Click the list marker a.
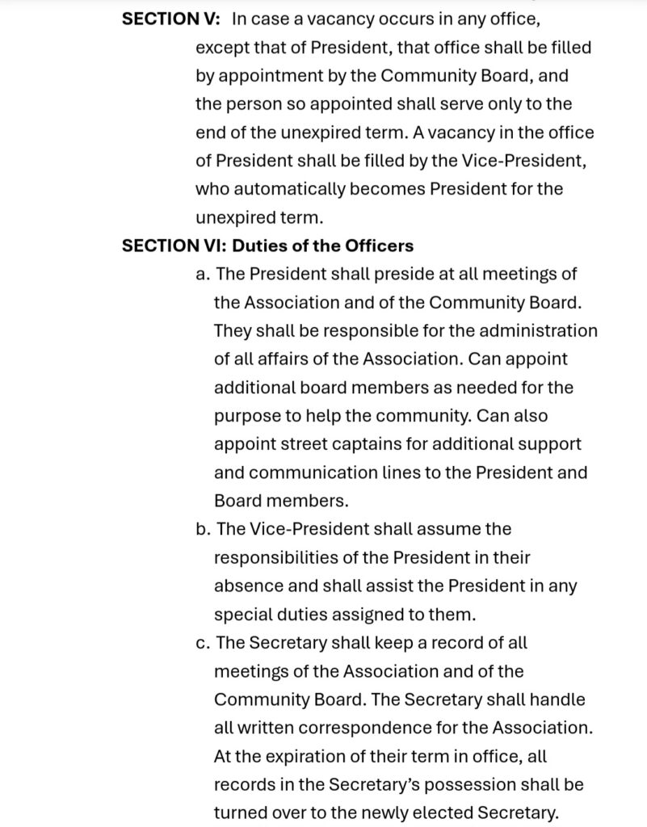(203, 274)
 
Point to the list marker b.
(204, 529)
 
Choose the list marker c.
(203, 643)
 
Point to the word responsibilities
(294, 557)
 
